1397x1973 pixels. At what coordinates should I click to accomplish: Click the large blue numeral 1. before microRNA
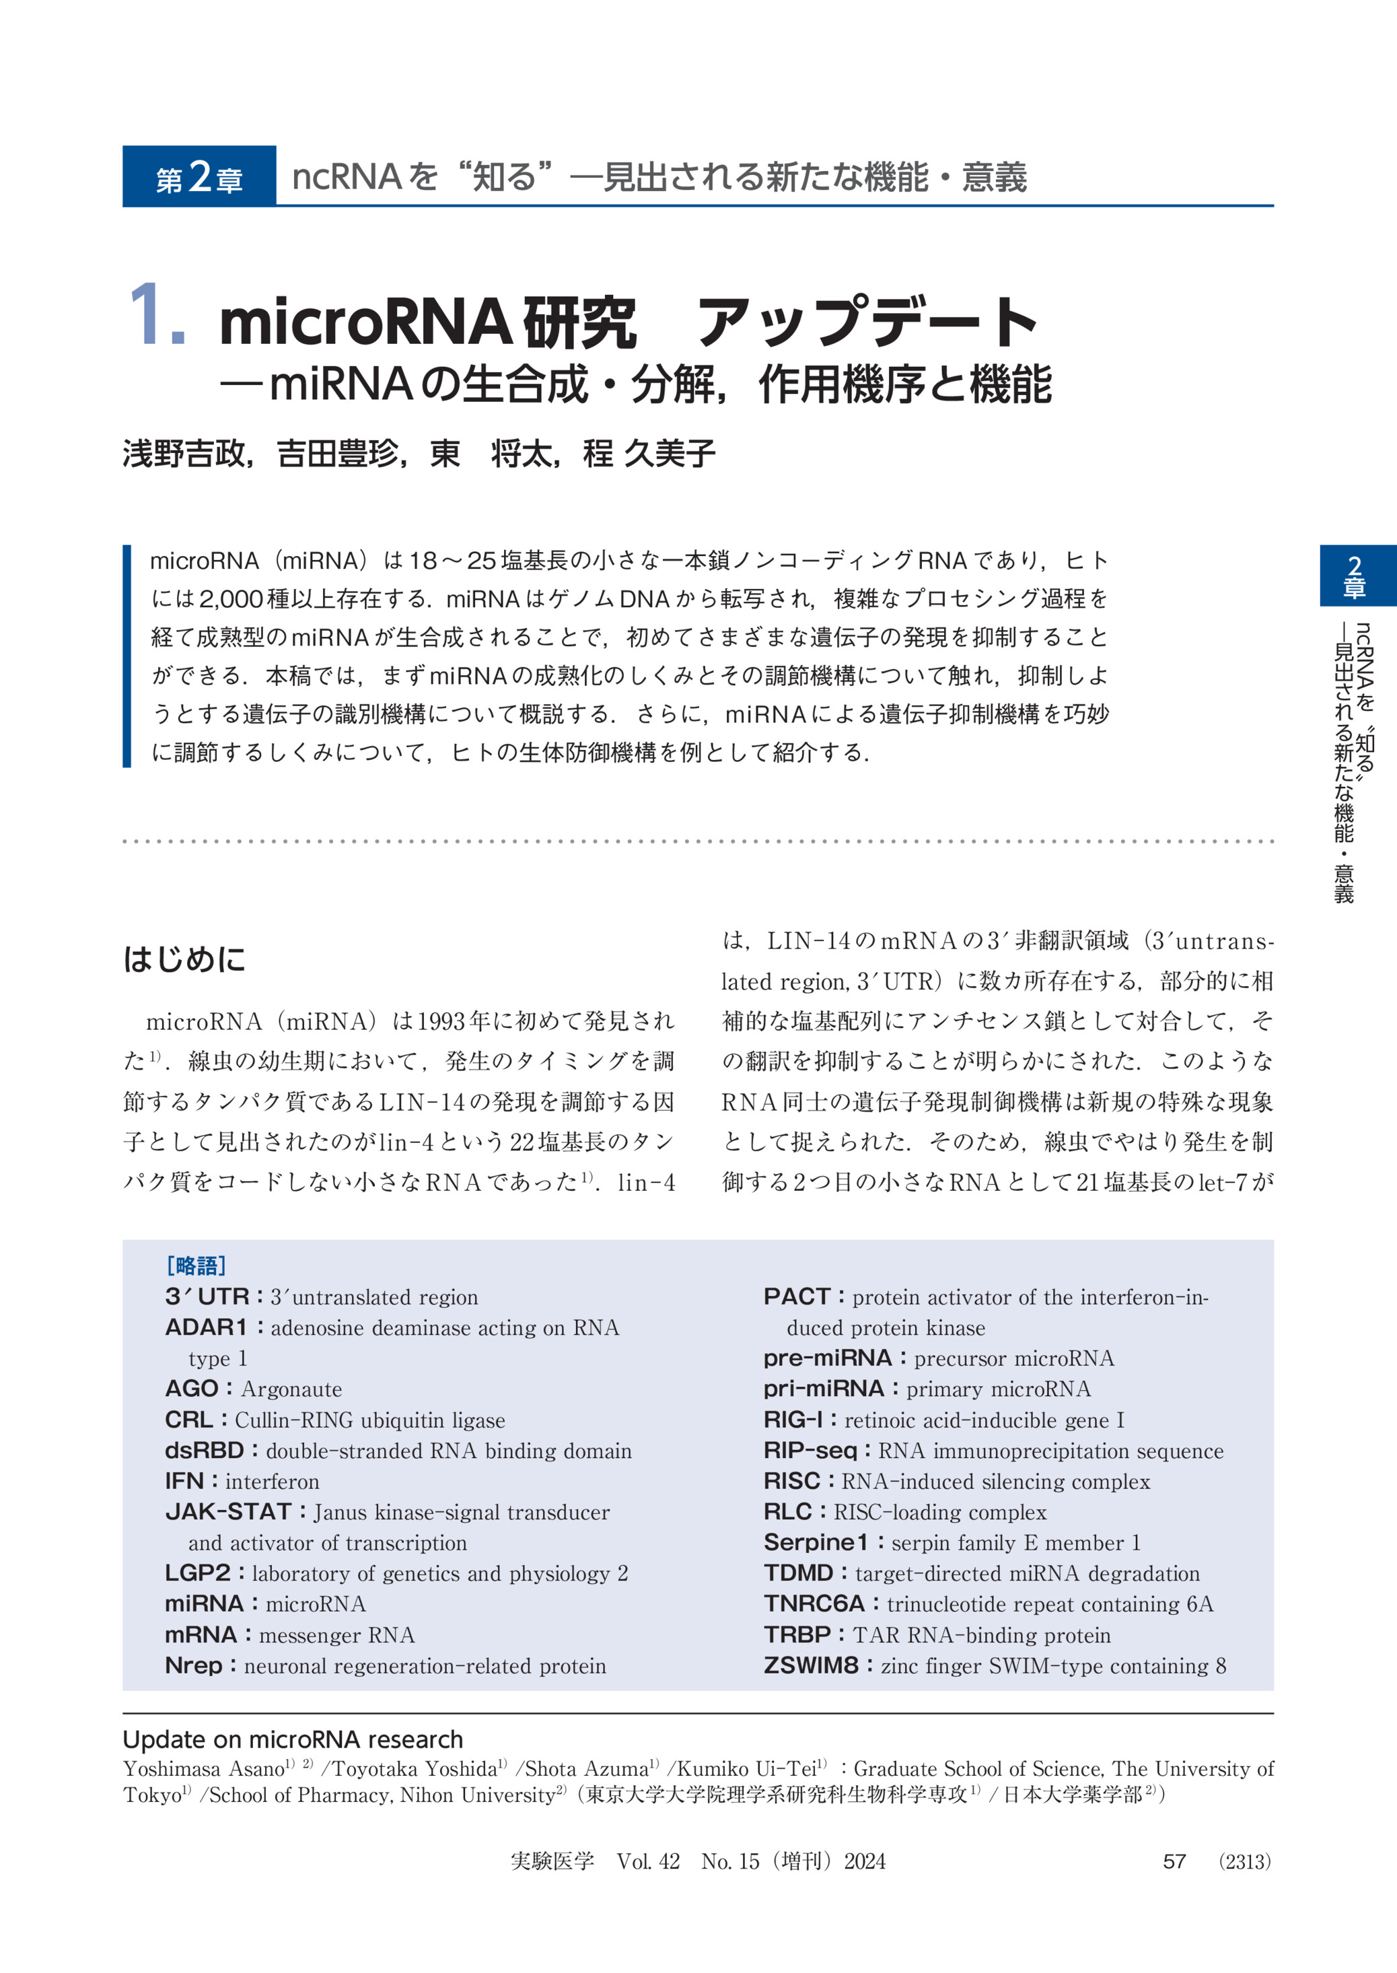point(157,318)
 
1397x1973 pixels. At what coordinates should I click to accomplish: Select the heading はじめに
point(184,959)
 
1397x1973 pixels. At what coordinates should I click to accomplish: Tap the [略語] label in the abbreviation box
point(195,1265)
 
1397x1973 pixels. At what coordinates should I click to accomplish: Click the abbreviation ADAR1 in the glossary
point(206,1327)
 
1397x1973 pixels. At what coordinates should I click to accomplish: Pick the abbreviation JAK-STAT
point(228,1511)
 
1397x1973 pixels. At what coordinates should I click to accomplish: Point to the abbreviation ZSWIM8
point(810,1665)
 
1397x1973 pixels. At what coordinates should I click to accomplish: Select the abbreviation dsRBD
point(205,1450)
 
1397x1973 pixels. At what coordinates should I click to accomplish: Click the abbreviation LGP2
point(198,1573)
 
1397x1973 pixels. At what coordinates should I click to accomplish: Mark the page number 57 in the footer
point(1174,1861)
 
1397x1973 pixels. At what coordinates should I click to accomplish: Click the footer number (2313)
point(1245,1861)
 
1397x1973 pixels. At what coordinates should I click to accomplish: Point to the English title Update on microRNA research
point(293,1739)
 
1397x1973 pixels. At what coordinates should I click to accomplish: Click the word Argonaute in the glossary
point(291,1389)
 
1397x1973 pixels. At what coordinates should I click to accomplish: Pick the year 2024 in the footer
point(865,1861)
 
